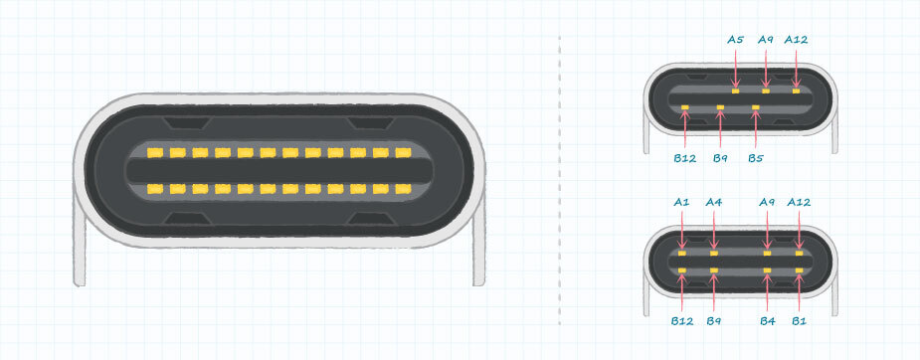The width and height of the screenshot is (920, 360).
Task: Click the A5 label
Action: click(735, 40)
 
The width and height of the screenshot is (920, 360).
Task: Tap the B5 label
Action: click(756, 158)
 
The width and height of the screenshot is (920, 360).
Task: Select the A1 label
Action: click(681, 202)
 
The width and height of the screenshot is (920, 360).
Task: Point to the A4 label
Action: click(713, 202)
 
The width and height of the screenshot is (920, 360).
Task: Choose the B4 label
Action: click(768, 320)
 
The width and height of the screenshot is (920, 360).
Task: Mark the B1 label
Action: click(799, 320)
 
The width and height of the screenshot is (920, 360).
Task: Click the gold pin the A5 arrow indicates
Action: click(736, 90)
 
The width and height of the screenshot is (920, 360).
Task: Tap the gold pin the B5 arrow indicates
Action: click(756, 107)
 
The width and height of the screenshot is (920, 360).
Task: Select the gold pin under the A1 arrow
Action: click(681, 254)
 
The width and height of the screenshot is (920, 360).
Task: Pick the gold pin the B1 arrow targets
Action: click(799, 270)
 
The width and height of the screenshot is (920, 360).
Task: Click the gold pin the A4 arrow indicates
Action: click(713, 254)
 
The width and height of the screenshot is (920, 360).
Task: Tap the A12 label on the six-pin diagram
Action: click(796, 40)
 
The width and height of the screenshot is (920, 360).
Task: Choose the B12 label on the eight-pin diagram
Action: click(681, 320)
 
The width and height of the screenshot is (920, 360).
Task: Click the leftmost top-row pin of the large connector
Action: click(155, 153)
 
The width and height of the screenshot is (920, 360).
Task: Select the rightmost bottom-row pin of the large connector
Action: click(403, 189)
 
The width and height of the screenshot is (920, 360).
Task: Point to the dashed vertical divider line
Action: click(560, 180)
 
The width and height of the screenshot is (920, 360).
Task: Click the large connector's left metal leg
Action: click(80, 247)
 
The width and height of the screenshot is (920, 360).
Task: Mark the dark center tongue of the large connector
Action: click(279, 171)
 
